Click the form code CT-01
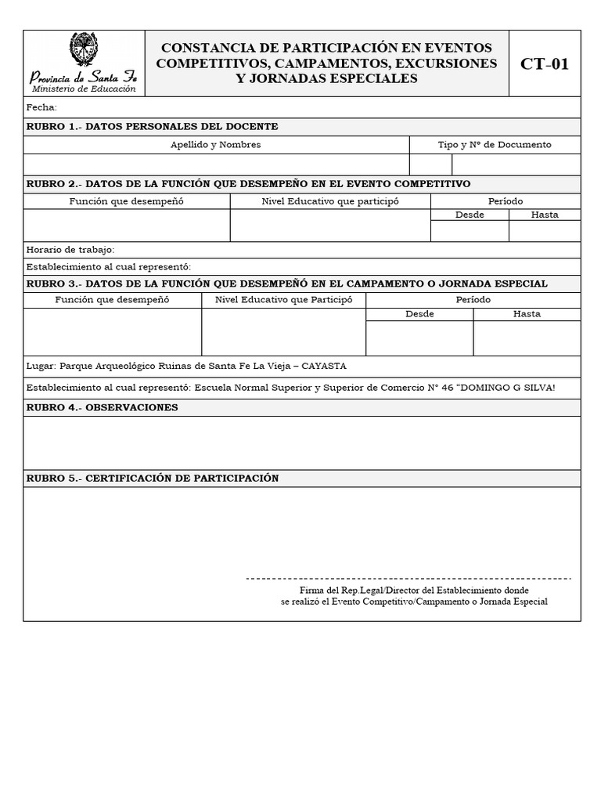click(x=545, y=64)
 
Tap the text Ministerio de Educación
click(x=83, y=89)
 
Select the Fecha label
click(x=41, y=107)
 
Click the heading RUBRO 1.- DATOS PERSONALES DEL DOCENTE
click(x=153, y=127)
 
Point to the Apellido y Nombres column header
click(x=216, y=145)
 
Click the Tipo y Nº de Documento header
click(x=495, y=145)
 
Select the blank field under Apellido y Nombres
click(x=216, y=164)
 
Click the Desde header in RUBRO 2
click(x=470, y=215)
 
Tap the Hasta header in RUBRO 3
click(x=527, y=314)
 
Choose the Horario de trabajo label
click(x=70, y=250)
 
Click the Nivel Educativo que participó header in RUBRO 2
click(x=330, y=201)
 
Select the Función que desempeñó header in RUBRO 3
click(x=112, y=300)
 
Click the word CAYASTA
click(x=323, y=366)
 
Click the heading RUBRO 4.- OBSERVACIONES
click(x=103, y=408)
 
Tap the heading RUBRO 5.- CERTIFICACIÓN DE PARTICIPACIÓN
click(x=153, y=479)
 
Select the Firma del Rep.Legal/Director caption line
click(x=414, y=590)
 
